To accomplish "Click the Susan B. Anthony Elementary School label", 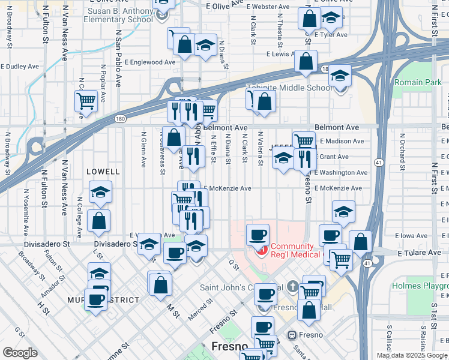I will point(120,15).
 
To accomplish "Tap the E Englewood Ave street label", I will point(150,62).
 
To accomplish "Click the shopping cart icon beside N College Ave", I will point(86,100).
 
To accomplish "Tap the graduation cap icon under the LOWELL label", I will point(100,193).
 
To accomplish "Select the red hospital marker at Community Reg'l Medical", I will point(261,250).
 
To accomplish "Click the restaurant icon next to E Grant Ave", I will point(305,158).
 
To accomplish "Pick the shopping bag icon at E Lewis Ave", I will point(306,61).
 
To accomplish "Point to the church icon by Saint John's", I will point(293,286).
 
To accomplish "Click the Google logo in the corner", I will point(20,353).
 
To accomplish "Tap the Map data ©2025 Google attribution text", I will point(412,355).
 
